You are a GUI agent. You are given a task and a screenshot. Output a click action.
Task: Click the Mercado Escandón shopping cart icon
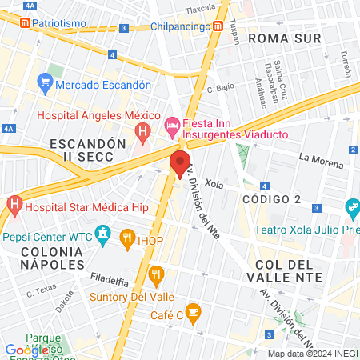pos(45,84)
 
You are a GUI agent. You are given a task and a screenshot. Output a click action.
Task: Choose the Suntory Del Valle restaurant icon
pos(156,276)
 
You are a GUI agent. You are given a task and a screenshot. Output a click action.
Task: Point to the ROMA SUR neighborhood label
pos(284,38)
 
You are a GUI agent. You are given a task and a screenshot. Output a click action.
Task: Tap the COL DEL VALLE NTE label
pos(289,270)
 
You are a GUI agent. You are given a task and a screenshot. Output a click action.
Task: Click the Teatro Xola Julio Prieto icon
pos(351,209)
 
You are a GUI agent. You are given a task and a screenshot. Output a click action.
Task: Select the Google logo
pos(26,350)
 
